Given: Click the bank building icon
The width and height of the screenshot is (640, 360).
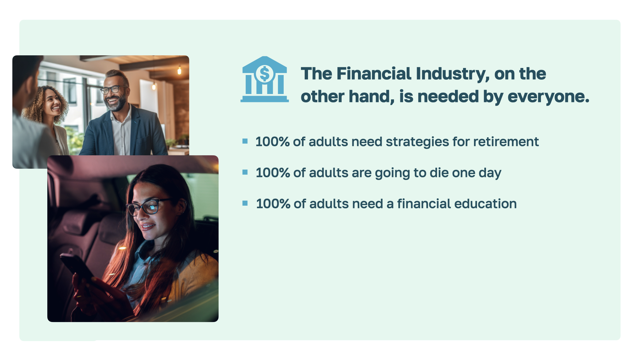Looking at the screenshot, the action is tap(265, 79).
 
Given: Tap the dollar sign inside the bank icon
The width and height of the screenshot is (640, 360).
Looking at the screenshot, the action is tap(265, 74).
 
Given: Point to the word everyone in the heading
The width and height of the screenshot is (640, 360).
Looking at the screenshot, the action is tap(548, 97).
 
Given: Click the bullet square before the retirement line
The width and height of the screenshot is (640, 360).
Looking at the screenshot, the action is tap(245, 141).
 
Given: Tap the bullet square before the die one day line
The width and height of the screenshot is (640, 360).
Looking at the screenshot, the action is tap(245, 172).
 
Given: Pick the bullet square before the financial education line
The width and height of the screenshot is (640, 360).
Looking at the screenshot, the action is tap(245, 203).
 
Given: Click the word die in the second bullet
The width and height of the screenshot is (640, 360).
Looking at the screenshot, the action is tap(439, 173).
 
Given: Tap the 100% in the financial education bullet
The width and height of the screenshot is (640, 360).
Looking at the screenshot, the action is tap(273, 204).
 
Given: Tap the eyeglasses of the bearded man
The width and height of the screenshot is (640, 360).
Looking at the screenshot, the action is tap(114, 90).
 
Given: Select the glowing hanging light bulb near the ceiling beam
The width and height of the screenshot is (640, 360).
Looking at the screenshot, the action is tap(179, 70).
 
